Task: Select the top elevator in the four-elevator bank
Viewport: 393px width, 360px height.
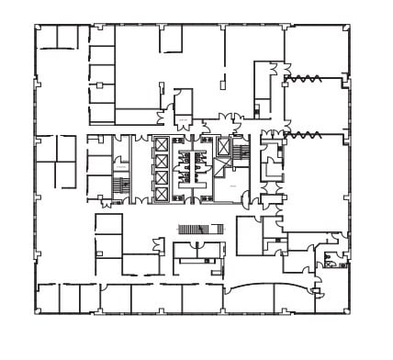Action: tap(162, 144)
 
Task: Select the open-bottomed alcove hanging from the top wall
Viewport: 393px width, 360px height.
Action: tap(171, 39)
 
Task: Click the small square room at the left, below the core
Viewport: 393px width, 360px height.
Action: tap(108, 224)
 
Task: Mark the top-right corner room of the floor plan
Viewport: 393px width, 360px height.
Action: tap(317, 51)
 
